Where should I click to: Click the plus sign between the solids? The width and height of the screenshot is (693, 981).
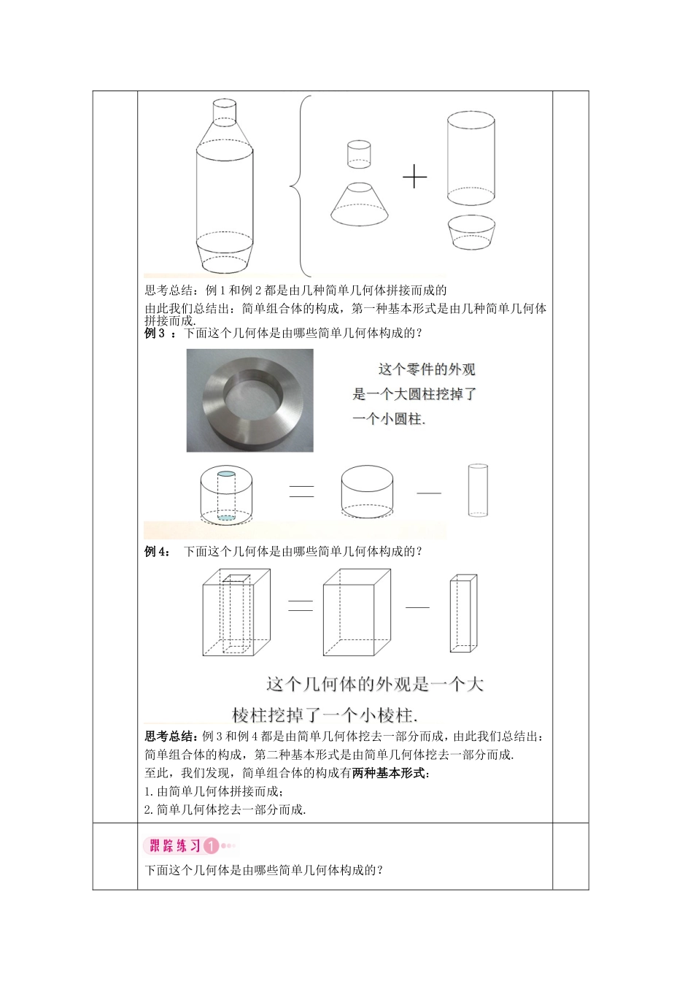point(414,177)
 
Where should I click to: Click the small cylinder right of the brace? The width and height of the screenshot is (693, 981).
point(359,154)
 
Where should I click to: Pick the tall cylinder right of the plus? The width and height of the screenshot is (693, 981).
point(471,158)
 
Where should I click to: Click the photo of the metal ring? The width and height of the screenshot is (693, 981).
point(249,400)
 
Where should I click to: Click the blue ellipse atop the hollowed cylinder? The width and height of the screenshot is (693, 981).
point(227,474)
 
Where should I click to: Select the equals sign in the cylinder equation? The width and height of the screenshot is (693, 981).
point(301,491)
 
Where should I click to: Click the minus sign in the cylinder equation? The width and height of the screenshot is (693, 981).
point(429,493)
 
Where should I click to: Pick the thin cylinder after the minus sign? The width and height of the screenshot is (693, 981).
point(477,489)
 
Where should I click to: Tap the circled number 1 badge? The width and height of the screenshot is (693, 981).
point(210,846)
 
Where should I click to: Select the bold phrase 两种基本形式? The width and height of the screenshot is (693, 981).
point(390,773)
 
